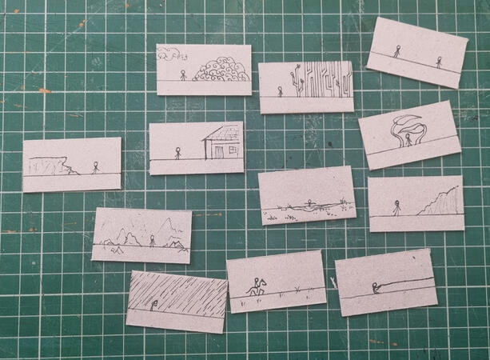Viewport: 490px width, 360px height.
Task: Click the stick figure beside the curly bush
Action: pos(183,75)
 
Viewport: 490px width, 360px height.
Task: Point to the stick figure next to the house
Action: pos(177,152)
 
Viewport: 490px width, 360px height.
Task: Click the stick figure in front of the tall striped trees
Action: pos(280,91)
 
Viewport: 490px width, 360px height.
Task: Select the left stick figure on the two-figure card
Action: pos(396,51)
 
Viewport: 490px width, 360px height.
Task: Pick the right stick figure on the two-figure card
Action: pos(438,62)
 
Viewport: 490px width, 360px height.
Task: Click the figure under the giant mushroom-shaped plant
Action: pos(408,139)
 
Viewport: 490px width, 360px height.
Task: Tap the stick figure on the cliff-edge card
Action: pos(95,167)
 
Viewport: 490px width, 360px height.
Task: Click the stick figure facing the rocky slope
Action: pos(396,209)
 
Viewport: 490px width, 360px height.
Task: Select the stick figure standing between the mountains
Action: pos(152,239)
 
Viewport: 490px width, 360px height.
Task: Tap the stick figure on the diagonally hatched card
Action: pos(153,304)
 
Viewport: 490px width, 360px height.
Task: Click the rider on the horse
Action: pos(257,285)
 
